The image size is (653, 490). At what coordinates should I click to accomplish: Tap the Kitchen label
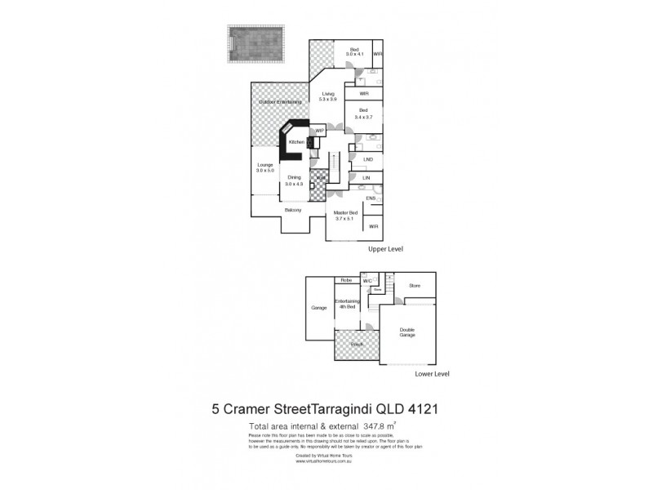point(295,142)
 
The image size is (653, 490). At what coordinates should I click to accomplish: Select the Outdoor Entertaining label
point(280,101)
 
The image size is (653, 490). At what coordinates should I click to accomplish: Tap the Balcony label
point(294,210)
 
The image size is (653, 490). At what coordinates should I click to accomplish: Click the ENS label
point(369,198)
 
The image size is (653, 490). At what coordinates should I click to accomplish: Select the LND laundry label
point(368,159)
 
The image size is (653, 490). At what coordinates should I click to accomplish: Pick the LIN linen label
point(366,177)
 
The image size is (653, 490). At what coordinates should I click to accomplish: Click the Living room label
point(328,95)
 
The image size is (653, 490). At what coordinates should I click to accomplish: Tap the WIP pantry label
point(321,130)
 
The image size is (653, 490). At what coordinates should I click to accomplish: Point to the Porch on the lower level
point(356,345)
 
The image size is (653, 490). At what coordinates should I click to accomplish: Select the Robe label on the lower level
point(346,281)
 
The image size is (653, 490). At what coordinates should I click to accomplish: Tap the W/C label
point(367,281)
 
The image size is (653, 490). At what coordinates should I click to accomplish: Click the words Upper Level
point(386,248)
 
